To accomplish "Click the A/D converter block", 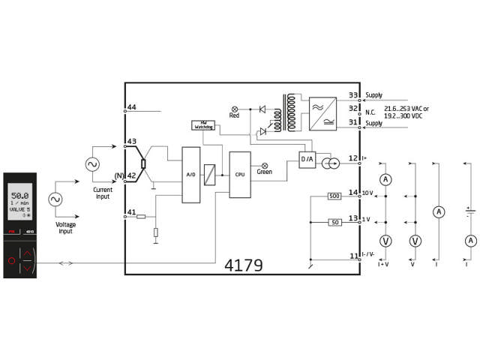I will click(191, 175).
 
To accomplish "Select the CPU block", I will click(240, 174).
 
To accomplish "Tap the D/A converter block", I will click(307, 159).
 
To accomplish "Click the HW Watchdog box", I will click(203, 125).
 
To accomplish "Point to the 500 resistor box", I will click(335, 196).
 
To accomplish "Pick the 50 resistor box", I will click(335, 222).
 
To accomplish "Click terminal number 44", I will click(132, 108).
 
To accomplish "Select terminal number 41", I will click(132, 213).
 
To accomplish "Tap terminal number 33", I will click(353, 95).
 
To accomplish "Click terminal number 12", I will click(353, 157).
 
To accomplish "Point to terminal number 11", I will click(353, 256).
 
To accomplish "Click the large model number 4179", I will click(244, 265).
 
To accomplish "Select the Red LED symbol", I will click(234, 109).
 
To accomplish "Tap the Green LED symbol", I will click(264, 165).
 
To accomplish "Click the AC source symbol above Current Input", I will click(94, 163).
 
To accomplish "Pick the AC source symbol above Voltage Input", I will click(55, 199).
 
